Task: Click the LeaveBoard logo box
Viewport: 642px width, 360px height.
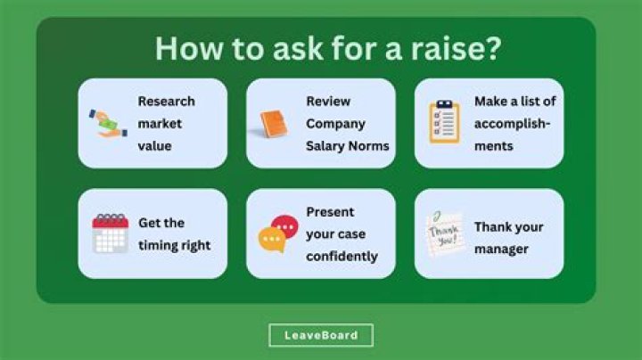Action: point(321,335)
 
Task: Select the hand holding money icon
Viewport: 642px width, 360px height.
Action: point(109,123)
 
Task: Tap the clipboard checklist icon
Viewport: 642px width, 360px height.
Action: point(444,122)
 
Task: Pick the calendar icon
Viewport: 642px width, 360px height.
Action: point(111,233)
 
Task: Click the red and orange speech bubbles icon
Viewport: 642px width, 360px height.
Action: point(277,234)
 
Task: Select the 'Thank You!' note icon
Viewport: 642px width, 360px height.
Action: point(445,234)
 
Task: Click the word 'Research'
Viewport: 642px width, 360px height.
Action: point(166,101)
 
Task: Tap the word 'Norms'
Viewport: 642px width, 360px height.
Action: point(370,145)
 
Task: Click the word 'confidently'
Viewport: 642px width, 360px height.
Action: point(342,256)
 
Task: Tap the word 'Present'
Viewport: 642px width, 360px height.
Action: point(330,212)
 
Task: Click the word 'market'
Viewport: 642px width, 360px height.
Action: point(159,123)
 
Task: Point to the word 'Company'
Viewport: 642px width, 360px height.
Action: point(335,123)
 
